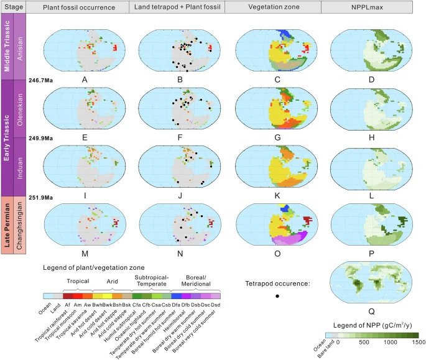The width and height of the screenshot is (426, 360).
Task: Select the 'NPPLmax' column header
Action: [x=371, y=6]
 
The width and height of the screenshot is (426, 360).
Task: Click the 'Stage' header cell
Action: [x=14, y=6]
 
